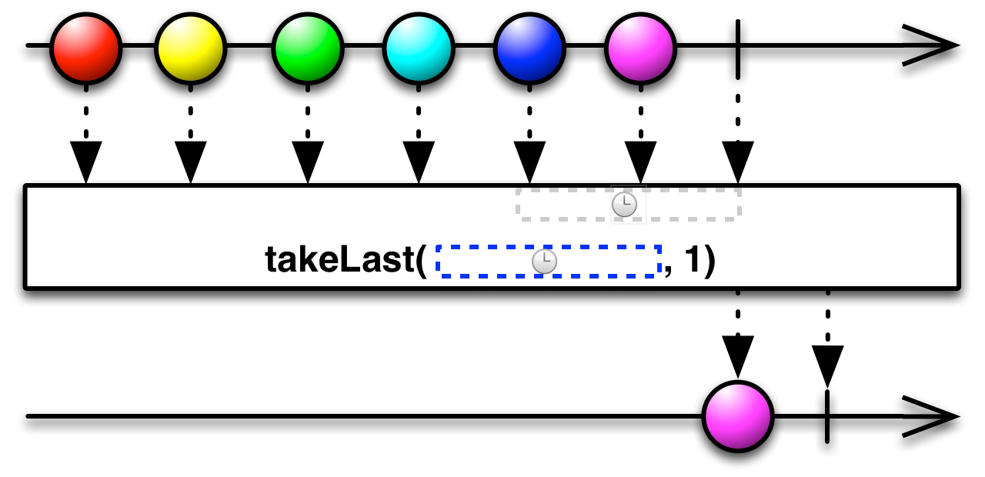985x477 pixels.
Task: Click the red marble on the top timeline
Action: pos(85,48)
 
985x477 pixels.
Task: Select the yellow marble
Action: pos(190,48)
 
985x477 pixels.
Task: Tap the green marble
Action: pos(307,48)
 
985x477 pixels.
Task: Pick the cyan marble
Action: pos(419,48)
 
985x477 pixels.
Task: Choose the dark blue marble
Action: pos(529,48)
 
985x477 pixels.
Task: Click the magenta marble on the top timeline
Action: pos(641,48)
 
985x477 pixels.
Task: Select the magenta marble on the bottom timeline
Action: pos(738,416)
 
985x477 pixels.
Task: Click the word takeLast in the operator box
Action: pos(340,260)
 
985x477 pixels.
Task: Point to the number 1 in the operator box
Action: pos(692,259)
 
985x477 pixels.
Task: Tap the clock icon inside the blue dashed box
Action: pos(544,262)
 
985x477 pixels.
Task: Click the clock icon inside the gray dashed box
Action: pos(624,205)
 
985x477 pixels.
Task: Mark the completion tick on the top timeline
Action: pos(738,49)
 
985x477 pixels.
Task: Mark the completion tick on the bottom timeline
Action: pos(827,417)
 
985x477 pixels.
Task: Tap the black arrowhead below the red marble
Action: pos(85,162)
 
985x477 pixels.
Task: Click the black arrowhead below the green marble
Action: pos(307,162)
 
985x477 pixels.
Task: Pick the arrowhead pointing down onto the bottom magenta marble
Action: pos(738,356)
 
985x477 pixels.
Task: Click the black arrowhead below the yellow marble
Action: pos(190,162)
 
